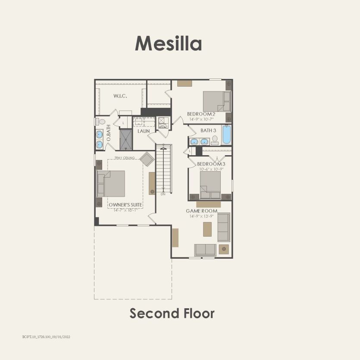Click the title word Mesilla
pyautogui.click(x=168, y=44)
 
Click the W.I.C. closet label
pyautogui.click(x=120, y=96)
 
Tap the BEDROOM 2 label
pyautogui.click(x=200, y=114)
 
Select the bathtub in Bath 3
pyautogui.click(x=226, y=135)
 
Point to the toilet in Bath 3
pyautogui.click(x=214, y=140)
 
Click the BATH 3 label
pyautogui.click(x=208, y=130)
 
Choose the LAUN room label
pyautogui.click(x=144, y=131)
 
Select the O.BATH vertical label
pyautogui.click(x=109, y=133)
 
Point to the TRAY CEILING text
pyautogui.click(x=125, y=158)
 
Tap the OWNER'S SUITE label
pyautogui.click(x=125, y=205)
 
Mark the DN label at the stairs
pyautogui.click(x=163, y=194)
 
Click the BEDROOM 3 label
pyautogui.click(x=211, y=164)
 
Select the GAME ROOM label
pyautogui.click(x=202, y=211)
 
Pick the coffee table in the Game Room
pyautogui.click(x=207, y=229)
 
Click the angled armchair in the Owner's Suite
pyautogui.click(x=147, y=160)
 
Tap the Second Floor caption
pyautogui.click(x=172, y=313)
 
